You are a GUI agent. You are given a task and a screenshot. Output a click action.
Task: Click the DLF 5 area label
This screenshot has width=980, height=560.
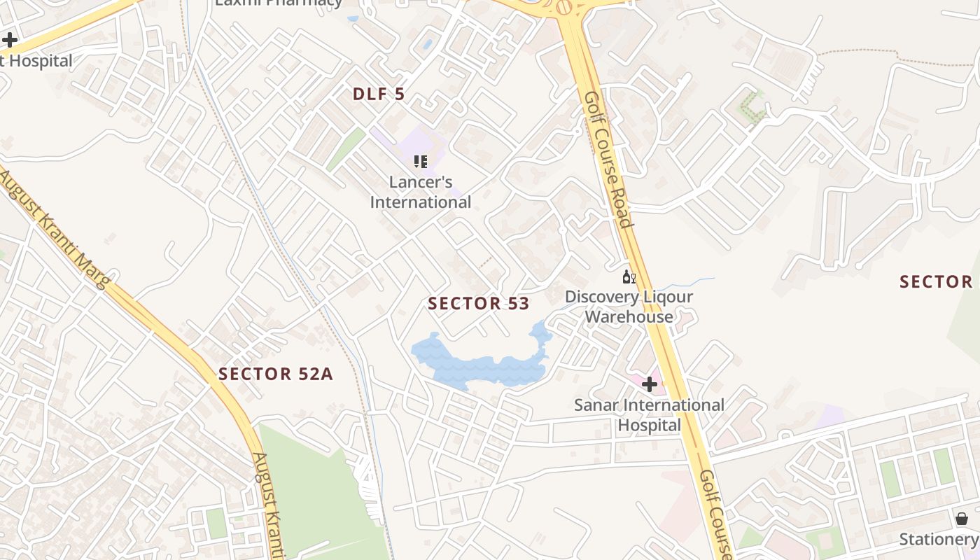pos(379,94)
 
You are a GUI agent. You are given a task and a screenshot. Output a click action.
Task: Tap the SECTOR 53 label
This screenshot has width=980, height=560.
pos(478,303)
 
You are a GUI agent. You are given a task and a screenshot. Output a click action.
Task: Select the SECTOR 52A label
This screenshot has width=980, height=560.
pos(275,374)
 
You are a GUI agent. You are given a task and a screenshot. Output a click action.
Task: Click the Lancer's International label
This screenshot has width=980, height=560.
pos(421,192)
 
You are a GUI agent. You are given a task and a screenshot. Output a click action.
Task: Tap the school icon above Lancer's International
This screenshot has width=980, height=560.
pos(421,162)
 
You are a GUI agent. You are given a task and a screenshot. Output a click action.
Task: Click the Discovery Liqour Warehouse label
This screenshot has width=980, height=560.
pos(629,307)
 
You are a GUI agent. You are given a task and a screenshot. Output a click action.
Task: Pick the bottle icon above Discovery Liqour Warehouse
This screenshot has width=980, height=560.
pos(629,277)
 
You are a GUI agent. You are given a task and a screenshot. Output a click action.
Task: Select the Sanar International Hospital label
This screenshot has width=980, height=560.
pos(649,414)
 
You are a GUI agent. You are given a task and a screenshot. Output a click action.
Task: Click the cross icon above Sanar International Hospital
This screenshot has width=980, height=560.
pos(650,384)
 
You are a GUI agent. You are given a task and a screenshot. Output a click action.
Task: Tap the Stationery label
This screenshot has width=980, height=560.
pos(939,539)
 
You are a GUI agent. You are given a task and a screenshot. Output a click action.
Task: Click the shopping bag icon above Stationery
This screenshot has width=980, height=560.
pos(962,519)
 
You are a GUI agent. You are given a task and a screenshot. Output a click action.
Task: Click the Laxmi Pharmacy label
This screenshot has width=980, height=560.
pos(279,2)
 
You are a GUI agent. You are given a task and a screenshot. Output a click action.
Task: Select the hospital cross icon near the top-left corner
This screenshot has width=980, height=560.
pos(10,39)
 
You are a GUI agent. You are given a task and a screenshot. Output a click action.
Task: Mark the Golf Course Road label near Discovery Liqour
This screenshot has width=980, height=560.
pos(608,160)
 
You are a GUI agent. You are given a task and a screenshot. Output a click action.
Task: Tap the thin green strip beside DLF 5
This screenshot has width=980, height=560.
pos(346,149)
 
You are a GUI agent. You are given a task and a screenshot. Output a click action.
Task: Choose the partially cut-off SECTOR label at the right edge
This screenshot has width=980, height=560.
pos(936,281)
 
